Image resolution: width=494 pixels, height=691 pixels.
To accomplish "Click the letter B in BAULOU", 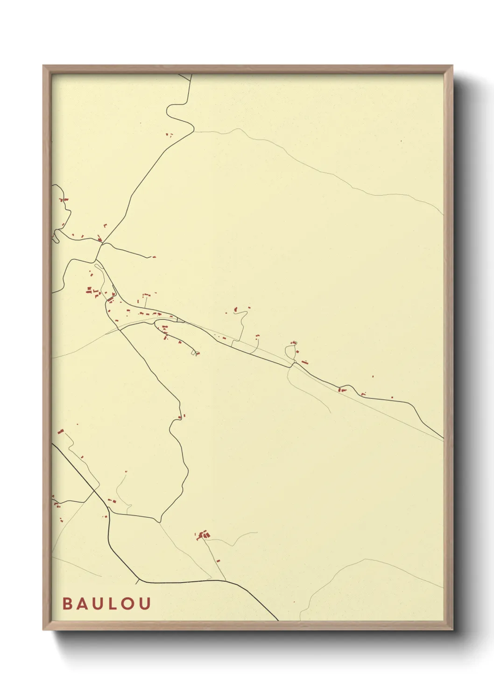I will coord(67,604).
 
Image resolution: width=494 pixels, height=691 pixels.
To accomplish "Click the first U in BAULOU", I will coord(97,604).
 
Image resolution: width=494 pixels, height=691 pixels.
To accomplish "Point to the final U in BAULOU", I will coord(145,604).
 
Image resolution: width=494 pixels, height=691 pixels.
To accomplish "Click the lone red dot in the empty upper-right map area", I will coord(401,141).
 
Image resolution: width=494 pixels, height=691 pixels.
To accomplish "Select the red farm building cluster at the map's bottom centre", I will coord(203,535).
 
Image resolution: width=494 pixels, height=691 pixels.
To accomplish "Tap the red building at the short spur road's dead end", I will coord(154,257).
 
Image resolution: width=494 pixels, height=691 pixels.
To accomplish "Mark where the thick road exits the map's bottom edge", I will coord(278,620).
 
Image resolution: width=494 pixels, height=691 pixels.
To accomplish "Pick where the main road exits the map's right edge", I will coord(443,439).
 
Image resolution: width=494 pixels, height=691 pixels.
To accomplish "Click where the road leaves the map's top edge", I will coord(191,75).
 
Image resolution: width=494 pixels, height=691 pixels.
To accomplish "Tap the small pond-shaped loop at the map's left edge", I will coord(56,236).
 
